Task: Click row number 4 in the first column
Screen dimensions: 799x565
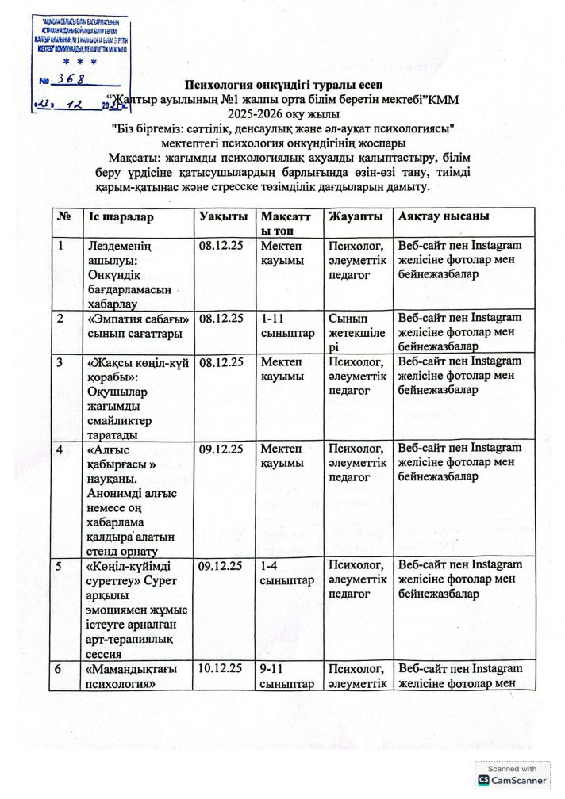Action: click(x=62, y=449)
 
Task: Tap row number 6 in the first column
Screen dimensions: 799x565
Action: click(x=62, y=668)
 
